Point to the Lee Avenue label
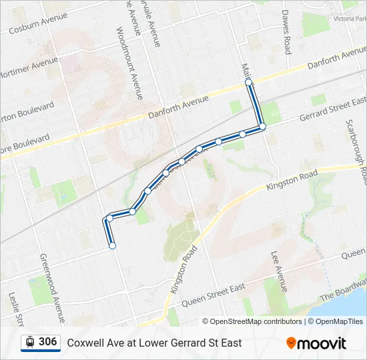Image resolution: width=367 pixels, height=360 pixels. (x=279, y=271)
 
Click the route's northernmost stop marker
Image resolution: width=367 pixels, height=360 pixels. (x=248, y=82)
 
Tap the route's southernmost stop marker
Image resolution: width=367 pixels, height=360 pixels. (x=112, y=245)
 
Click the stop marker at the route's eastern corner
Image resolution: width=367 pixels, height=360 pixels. (x=262, y=126)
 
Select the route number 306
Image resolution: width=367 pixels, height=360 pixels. (x=47, y=342)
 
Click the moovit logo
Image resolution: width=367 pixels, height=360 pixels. (x=316, y=343)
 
